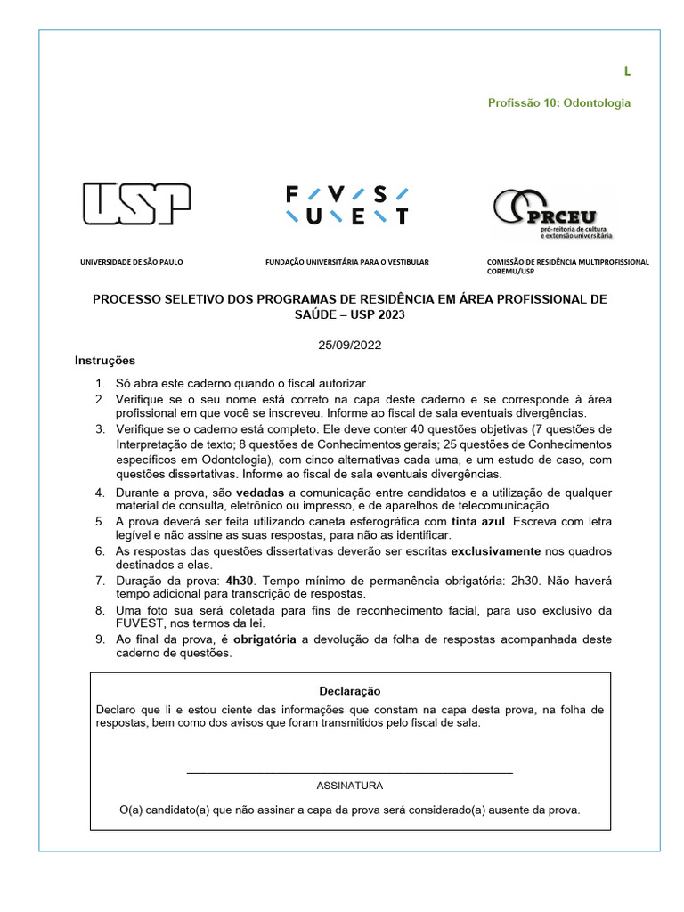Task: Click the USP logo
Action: click(x=136, y=204)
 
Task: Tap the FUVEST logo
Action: click(x=346, y=205)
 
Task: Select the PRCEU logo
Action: click(x=553, y=212)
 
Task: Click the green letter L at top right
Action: click(x=627, y=71)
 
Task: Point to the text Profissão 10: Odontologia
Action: click(x=558, y=103)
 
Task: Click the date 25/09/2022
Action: click(x=349, y=345)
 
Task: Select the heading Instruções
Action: click(x=105, y=361)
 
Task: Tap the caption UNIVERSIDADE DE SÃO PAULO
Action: click(x=131, y=262)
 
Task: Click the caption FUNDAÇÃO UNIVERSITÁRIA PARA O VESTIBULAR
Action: click(x=347, y=262)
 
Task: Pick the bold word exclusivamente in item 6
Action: click(x=495, y=550)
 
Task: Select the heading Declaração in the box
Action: click(x=350, y=691)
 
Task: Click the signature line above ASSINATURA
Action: click(x=349, y=772)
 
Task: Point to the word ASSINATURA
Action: click(x=350, y=786)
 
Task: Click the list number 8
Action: click(x=101, y=610)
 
